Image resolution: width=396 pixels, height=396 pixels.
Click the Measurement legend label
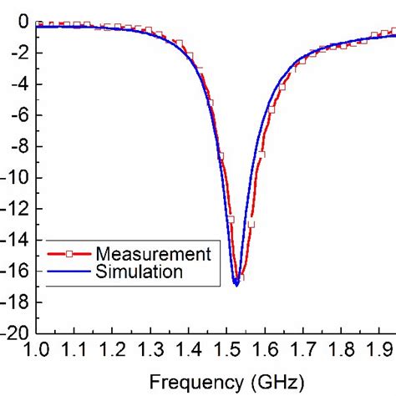point(154,254)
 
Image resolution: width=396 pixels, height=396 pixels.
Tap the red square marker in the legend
point(69,254)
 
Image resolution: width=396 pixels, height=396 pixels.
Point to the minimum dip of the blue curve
point(236,284)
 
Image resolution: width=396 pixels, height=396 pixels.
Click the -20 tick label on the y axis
point(18,333)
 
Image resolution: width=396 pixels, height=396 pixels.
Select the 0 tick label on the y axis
point(23,22)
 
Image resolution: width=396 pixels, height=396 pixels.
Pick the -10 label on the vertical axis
point(18,178)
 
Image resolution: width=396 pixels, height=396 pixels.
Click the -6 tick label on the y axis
point(21,115)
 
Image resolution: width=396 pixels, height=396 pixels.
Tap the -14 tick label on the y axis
point(18,240)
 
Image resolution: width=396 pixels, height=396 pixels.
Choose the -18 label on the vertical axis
point(18,302)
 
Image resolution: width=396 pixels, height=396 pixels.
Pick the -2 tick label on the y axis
point(21,53)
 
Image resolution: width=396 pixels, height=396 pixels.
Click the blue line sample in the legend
point(69,272)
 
